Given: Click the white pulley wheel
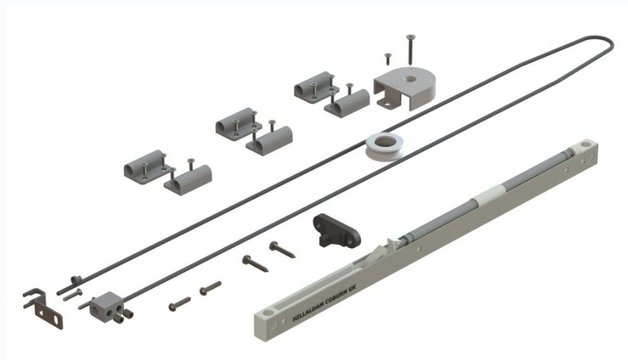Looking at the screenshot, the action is click(383, 147).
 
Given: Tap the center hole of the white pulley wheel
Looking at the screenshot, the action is click(385, 141).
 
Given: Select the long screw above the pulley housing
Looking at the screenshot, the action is click(410, 49).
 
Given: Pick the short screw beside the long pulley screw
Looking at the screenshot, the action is click(387, 58).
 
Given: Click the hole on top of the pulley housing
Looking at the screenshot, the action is click(408, 80).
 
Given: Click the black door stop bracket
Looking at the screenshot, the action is click(336, 230).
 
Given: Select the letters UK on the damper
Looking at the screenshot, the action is click(356, 289).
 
